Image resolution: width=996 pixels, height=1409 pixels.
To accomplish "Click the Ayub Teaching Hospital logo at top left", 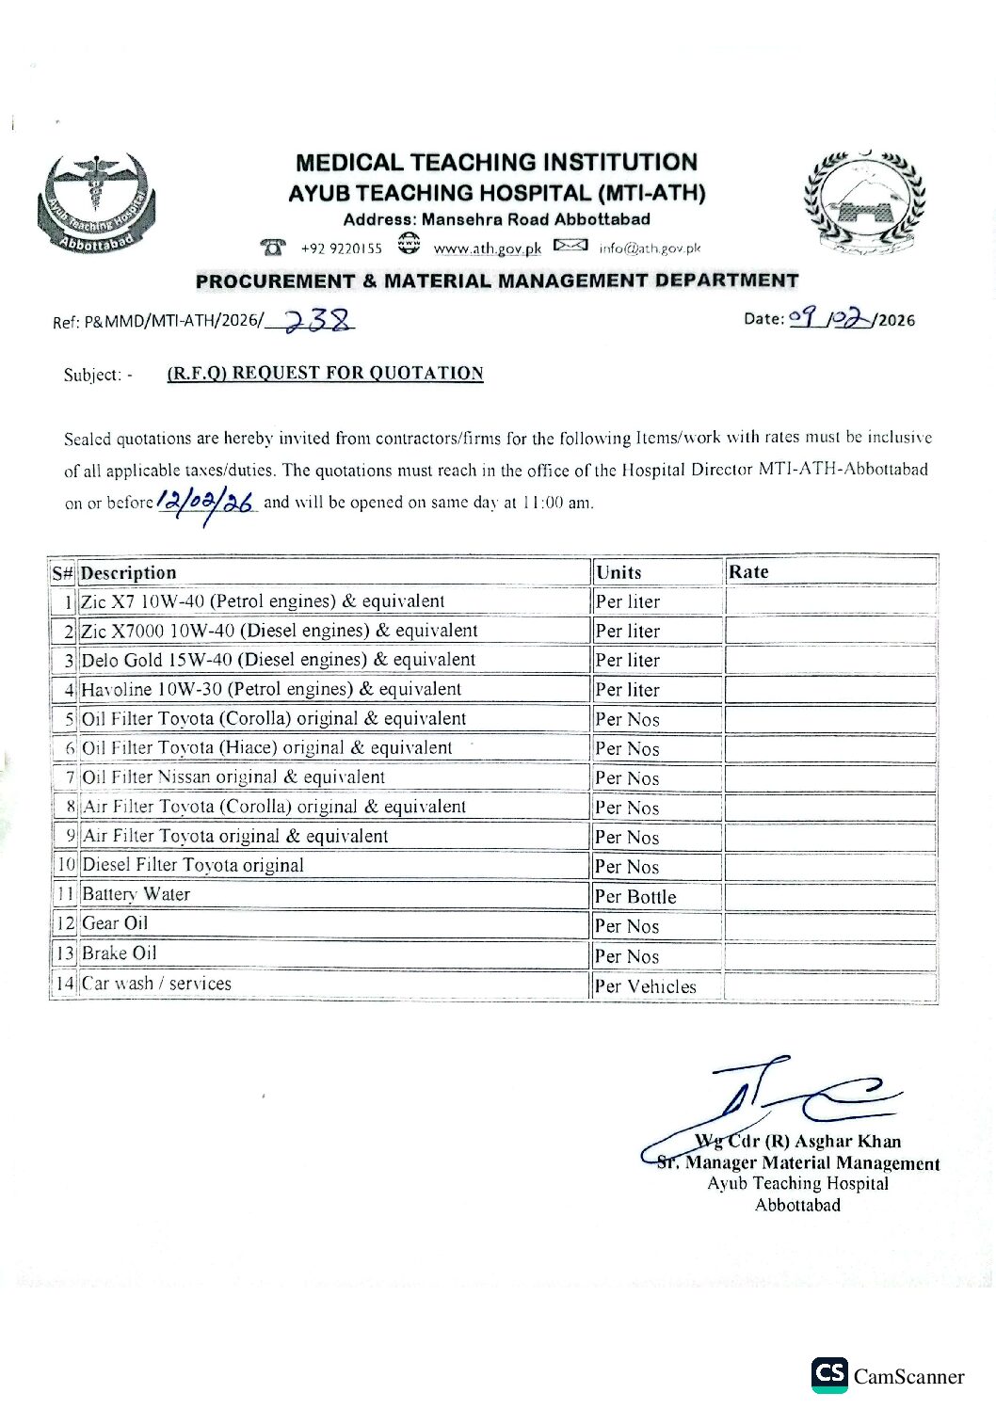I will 96,204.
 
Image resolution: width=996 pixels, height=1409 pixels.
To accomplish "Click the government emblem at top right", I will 863,203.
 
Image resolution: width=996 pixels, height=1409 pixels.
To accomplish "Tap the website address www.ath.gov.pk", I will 487,248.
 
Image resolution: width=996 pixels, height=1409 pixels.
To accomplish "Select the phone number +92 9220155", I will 341,248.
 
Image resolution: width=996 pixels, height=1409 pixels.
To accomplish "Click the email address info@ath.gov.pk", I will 650,248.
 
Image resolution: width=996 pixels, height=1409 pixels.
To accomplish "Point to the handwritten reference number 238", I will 318,321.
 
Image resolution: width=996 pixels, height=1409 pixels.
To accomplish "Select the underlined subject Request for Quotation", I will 325,374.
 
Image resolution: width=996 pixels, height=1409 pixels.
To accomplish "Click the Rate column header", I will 748,571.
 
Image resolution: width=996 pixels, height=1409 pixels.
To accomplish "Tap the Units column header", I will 618,572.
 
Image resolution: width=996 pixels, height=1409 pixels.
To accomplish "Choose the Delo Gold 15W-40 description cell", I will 279,660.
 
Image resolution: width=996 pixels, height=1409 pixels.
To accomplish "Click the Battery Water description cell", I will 137,894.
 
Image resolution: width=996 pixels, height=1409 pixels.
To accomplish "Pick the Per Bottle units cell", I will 635,896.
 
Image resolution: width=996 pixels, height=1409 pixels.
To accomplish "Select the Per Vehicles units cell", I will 646,985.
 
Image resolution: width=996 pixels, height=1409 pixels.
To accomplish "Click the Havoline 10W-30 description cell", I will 271,689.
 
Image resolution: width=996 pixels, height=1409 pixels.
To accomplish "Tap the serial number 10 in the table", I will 66,865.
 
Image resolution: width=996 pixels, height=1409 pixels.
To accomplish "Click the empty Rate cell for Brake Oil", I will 830,954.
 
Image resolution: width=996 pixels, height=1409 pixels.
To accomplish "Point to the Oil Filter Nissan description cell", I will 233,777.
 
